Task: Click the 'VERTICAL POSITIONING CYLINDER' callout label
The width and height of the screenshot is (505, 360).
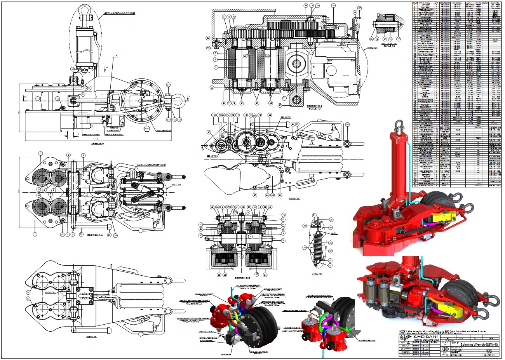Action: (x=119, y=13)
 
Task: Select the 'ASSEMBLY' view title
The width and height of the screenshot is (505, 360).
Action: (x=98, y=144)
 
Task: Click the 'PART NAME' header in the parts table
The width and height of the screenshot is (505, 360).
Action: (x=424, y=3)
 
